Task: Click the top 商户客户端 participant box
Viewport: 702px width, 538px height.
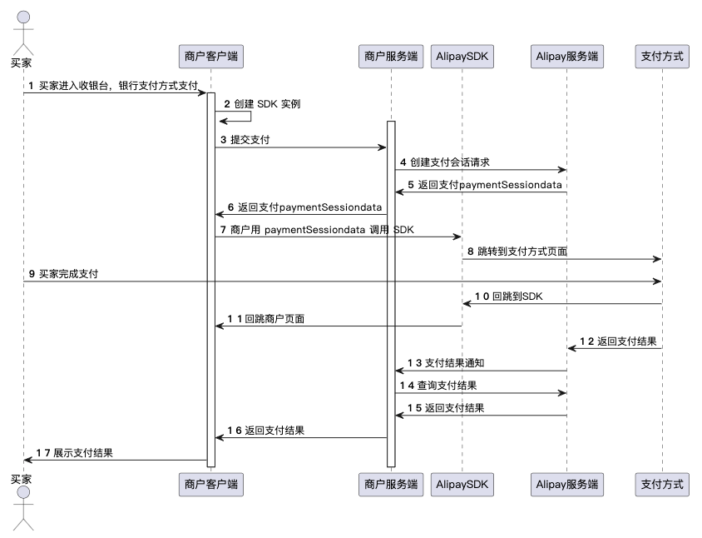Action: click(x=211, y=57)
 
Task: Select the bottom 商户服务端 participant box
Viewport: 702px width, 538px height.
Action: click(x=391, y=483)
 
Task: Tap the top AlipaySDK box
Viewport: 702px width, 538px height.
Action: click(x=462, y=57)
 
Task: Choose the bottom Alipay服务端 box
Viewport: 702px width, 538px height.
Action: click(x=566, y=483)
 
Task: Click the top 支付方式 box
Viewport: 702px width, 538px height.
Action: click(x=662, y=57)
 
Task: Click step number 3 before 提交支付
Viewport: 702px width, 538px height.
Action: click(x=223, y=140)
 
